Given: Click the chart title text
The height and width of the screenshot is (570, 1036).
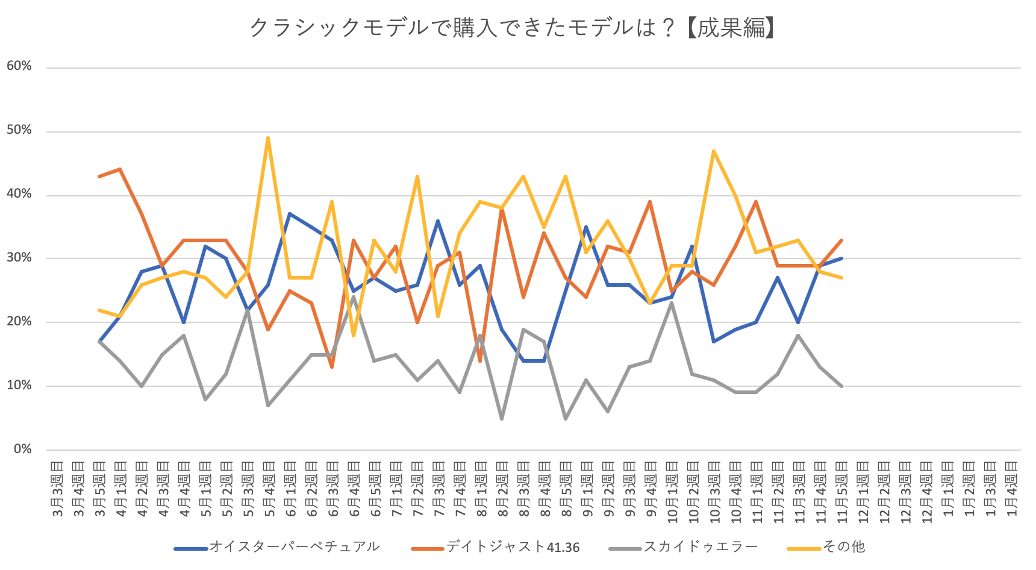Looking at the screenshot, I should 513,28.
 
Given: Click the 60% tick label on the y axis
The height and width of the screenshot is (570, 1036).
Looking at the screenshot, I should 19,66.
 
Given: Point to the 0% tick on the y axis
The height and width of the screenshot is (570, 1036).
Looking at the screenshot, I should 23,449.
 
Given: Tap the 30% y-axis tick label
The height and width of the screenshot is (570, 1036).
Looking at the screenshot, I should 19,257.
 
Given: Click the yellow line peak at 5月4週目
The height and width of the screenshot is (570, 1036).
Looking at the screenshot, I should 268,138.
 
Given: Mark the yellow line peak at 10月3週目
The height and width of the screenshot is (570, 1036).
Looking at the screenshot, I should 714,151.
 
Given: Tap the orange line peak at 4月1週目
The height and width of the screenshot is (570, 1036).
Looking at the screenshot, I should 120,169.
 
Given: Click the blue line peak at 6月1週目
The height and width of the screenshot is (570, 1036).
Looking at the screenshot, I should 290,213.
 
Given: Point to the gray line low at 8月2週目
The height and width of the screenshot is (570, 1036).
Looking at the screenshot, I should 502,418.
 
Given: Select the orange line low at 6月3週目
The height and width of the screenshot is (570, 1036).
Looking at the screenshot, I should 332,367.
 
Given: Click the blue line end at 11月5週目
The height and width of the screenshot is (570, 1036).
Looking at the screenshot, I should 841,258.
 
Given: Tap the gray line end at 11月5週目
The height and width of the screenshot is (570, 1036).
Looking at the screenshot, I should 841,386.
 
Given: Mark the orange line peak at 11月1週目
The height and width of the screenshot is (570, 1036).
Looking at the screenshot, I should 756,202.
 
